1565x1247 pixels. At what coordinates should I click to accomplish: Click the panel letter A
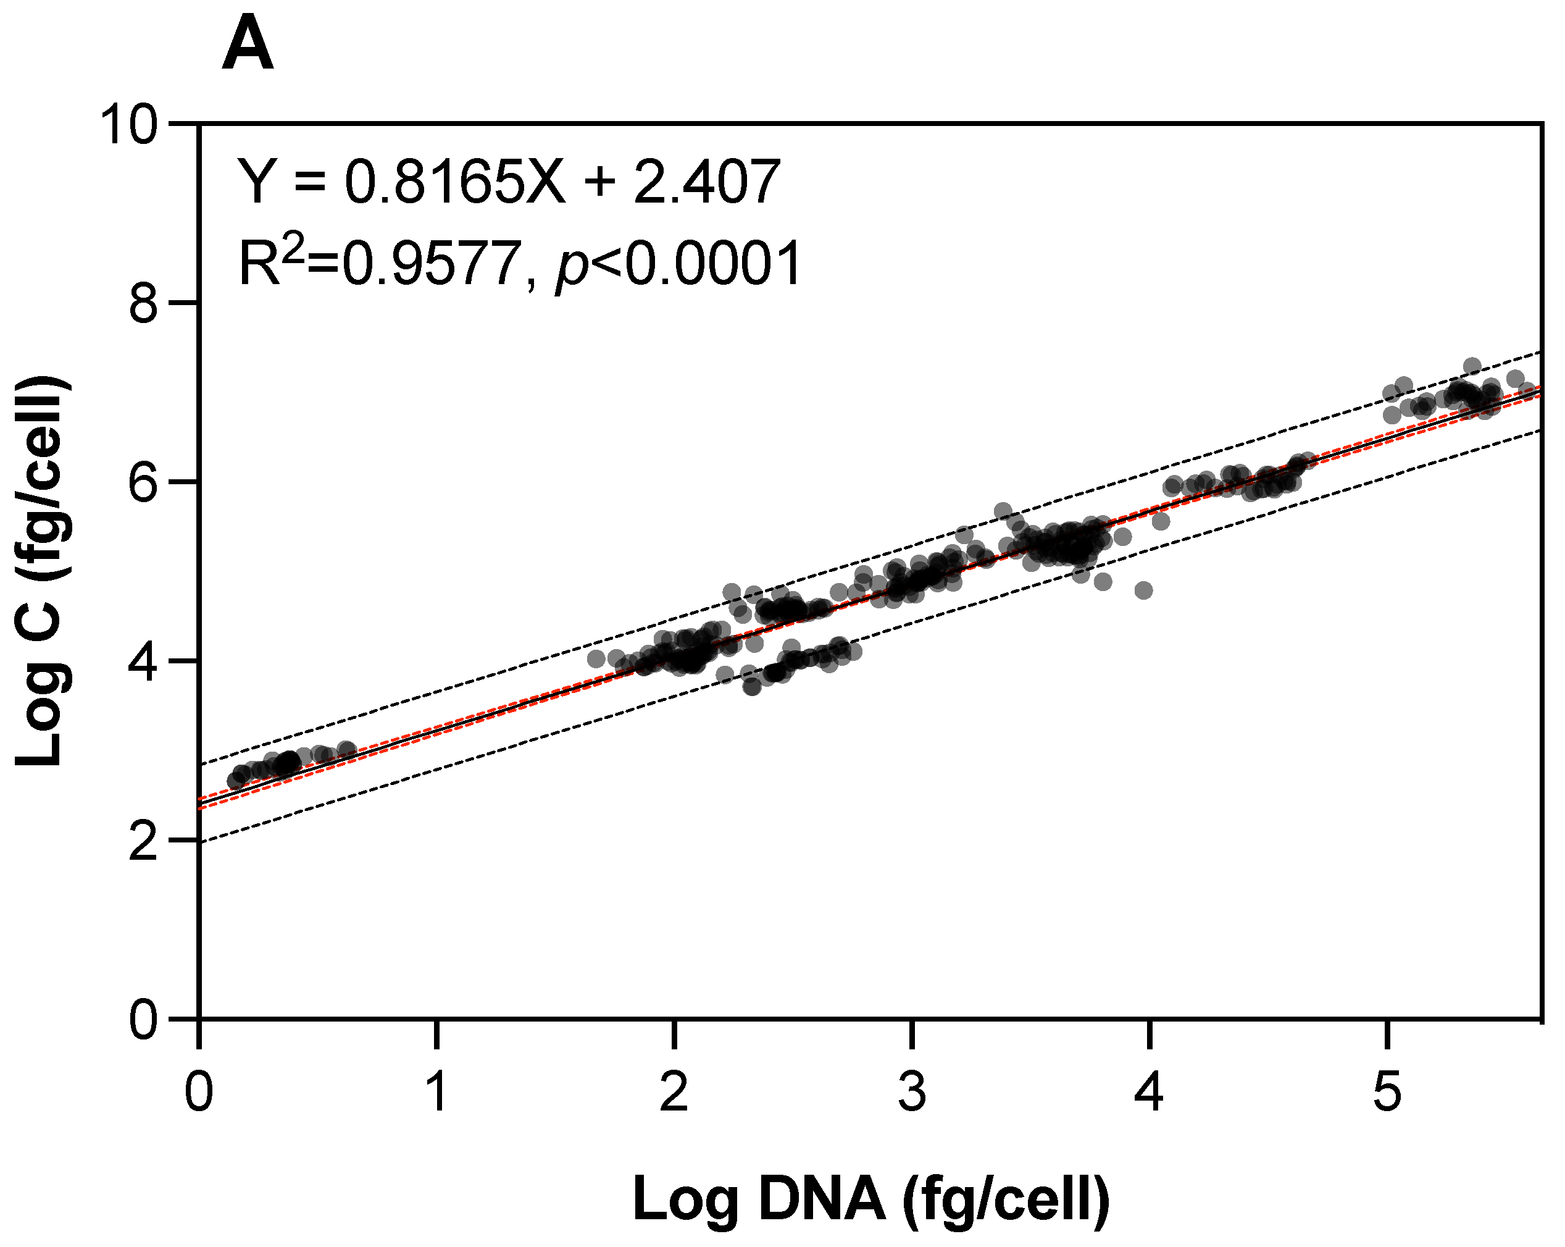248,48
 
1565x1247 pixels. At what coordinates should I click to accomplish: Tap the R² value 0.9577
433,264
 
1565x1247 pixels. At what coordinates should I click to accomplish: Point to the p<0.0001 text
678,265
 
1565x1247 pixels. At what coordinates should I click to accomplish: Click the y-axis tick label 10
128,125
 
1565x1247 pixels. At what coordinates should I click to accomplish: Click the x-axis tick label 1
436,1091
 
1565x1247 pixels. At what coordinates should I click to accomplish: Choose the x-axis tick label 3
912,1091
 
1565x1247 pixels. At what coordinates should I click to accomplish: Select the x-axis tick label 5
1387,1091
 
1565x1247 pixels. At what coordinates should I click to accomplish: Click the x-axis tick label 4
1149,1091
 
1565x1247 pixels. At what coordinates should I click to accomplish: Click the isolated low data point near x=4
1143,590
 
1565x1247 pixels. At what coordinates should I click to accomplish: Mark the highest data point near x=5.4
1472,365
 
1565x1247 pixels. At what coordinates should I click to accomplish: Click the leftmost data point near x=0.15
235,781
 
